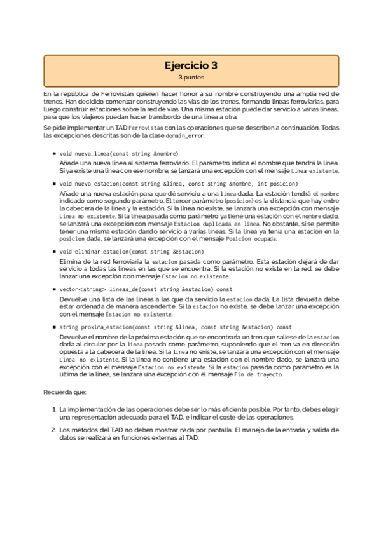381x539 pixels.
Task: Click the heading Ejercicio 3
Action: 190,65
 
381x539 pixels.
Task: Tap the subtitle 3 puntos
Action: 190,77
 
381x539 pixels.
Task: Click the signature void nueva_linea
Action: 119,154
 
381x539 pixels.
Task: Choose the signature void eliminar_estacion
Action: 132,252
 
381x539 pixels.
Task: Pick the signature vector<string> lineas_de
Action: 146,289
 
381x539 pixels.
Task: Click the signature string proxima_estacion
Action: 176,327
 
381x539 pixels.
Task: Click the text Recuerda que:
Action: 62,393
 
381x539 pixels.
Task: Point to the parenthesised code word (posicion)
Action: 242,201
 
